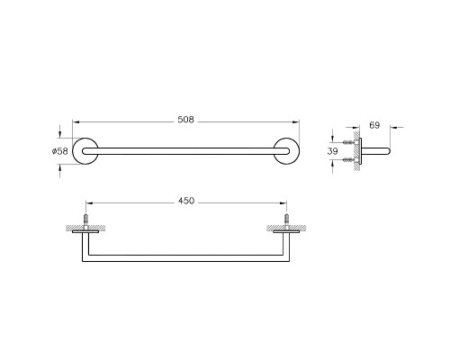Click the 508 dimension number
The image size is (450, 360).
[186, 120]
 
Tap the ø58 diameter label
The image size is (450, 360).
[60, 151]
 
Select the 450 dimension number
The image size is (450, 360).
[186, 201]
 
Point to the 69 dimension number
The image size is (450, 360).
[374, 125]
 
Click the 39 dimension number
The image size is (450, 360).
[332, 151]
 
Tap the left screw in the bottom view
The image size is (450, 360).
[86, 221]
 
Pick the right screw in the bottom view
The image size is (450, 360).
[286, 221]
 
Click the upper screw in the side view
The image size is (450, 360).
[349, 142]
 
